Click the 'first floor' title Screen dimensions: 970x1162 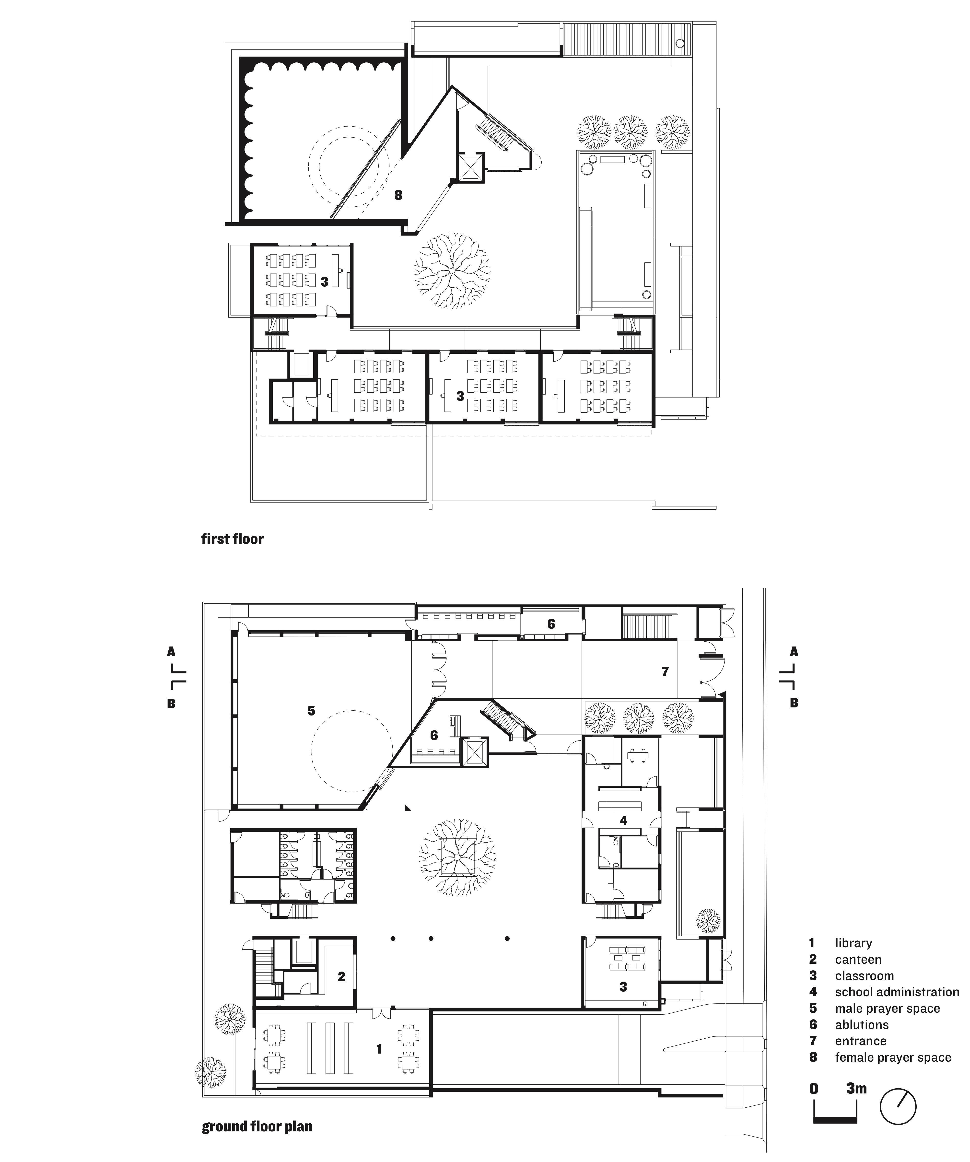click(232, 539)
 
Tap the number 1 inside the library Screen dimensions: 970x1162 click(379, 1049)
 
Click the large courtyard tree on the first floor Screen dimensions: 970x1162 click(452, 270)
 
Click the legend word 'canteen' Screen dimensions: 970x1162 click(858, 960)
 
